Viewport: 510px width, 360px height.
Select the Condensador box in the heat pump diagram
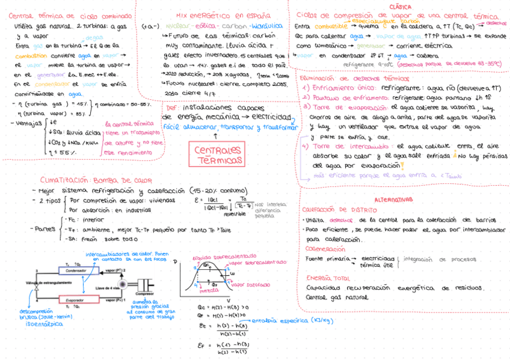coord(75,270)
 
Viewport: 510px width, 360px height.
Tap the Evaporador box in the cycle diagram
coord(75,299)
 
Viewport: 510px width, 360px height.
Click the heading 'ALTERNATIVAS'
coord(394,200)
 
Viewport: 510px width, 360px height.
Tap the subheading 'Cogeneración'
coord(325,248)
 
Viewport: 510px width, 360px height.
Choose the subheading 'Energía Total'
coord(327,278)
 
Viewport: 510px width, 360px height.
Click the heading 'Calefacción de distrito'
coord(340,210)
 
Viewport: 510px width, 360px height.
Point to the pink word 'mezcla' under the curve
coord(208,290)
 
